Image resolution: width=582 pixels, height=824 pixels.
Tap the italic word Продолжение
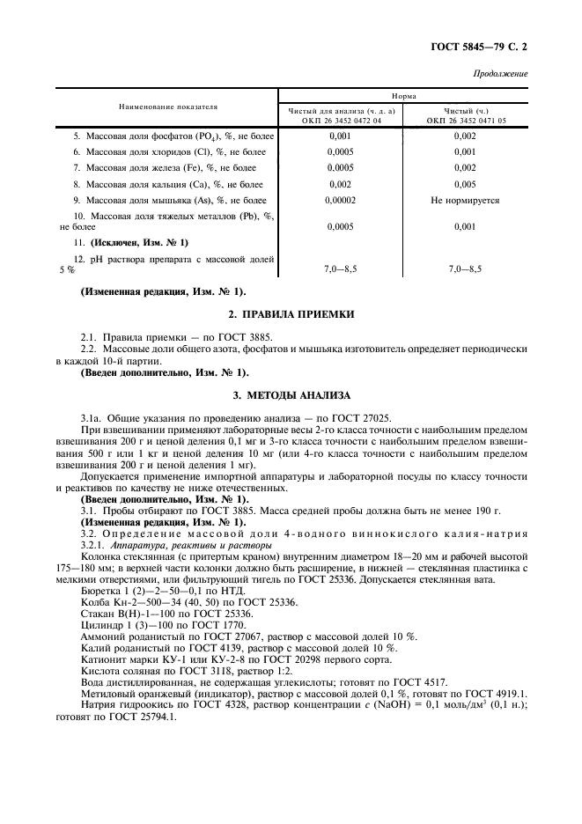click(x=500, y=74)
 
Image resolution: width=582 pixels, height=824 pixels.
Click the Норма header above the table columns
click(x=404, y=96)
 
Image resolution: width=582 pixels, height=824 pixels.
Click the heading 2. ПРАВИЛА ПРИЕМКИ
click(x=291, y=313)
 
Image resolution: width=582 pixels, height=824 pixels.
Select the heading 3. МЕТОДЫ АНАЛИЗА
click(x=291, y=395)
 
